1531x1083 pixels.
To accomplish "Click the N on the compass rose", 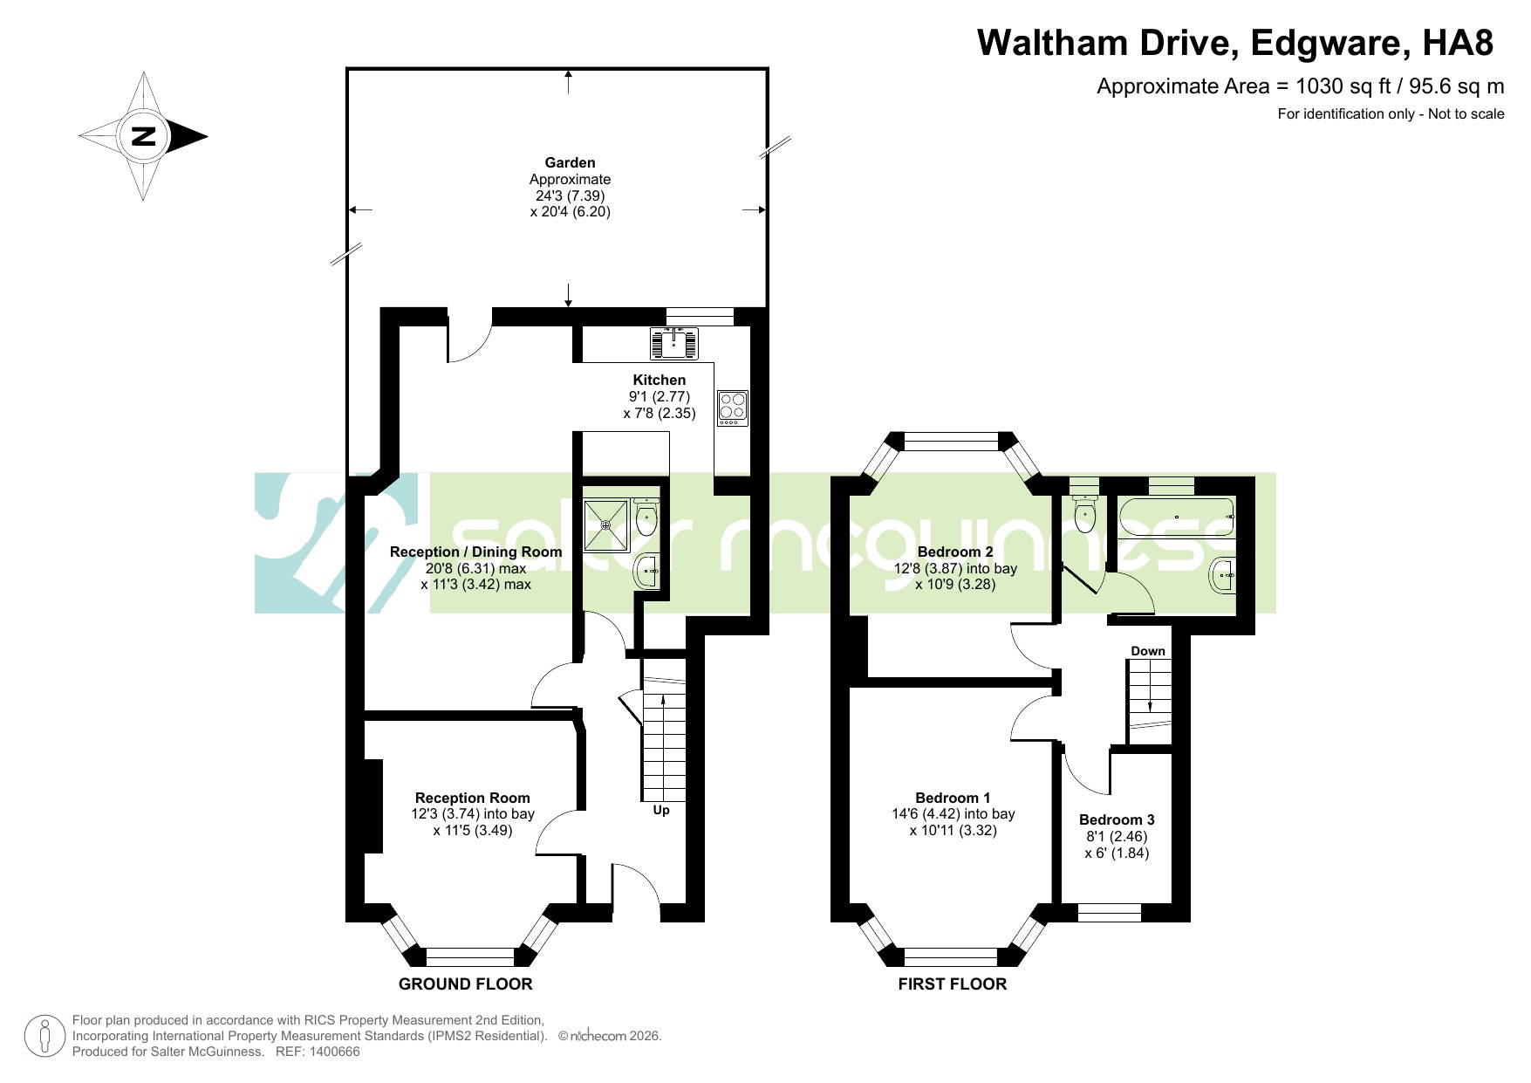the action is [x=144, y=136].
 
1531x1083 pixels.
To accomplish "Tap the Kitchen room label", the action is [x=660, y=380].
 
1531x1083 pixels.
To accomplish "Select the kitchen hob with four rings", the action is [x=733, y=408].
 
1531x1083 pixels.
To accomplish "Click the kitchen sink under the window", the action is [x=673, y=343].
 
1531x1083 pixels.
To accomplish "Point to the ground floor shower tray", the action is [x=605, y=525].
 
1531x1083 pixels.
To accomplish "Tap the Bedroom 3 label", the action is [x=1117, y=819].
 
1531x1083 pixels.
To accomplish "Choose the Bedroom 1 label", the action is [x=953, y=798].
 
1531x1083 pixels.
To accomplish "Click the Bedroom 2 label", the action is [x=955, y=552].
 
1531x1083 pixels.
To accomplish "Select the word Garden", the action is [x=570, y=162].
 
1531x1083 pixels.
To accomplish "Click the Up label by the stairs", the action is [x=661, y=811].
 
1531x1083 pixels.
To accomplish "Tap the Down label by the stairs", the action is [x=1148, y=651].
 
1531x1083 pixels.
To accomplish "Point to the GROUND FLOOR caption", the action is [x=465, y=984].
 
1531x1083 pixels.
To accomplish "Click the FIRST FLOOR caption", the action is [x=953, y=984].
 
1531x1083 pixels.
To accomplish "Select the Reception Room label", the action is [x=473, y=798].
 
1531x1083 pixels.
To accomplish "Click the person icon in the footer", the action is [x=44, y=1037].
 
